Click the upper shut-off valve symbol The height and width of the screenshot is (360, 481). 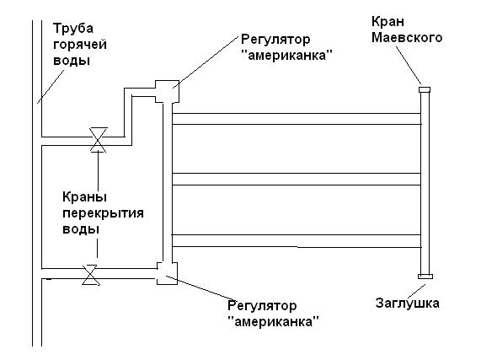(99, 140)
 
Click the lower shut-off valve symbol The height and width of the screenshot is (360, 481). (90, 275)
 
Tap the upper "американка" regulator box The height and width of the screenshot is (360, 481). (167, 91)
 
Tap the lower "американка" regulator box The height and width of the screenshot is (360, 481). (167, 273)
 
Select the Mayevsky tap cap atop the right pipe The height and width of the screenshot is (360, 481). (425, 89)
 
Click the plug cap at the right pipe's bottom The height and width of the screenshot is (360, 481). (425, 277)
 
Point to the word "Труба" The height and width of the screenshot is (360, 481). (73, 29)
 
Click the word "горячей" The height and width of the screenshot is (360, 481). (80, 45)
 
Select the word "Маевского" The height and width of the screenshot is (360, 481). (407, 38)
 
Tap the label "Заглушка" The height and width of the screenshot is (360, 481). (408, 304)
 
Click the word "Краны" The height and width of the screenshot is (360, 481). (85, 196)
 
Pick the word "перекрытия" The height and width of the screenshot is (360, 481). (103, 213)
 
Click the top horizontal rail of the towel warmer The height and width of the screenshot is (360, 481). (297, 119)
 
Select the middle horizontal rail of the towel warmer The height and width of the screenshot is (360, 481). (297, 179)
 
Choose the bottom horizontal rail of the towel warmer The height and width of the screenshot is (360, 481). (297, 241)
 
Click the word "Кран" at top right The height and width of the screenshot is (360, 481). (387, 22)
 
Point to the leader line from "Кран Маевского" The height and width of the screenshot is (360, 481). (409, 65)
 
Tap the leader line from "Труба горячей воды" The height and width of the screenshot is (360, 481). (51, 87)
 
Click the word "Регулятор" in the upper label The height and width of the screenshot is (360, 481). (275, 40)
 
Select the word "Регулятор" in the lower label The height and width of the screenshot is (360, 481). (262, 306)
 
